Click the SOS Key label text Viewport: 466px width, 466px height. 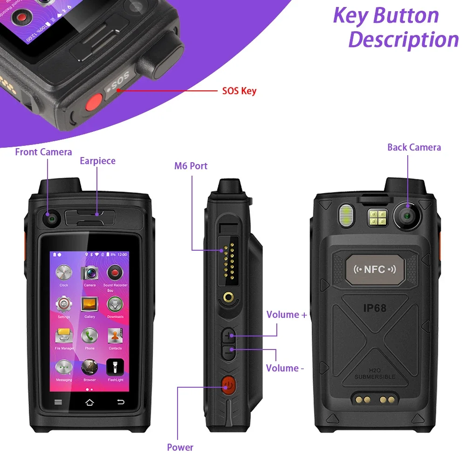click(239, 90)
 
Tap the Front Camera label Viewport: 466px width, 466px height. click(43, 152)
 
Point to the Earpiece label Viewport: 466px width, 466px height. click(97, 161)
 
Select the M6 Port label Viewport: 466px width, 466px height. click(191, 166)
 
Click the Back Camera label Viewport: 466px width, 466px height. click(414, 147)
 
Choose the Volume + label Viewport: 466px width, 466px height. click(287, 315)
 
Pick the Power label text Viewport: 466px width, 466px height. click(180, 447)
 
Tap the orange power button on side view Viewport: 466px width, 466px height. click(228, 385)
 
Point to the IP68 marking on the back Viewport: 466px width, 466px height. click(375, 308)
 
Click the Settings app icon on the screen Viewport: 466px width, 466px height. click(64, 305)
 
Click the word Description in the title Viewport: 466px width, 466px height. click(403, 40)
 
